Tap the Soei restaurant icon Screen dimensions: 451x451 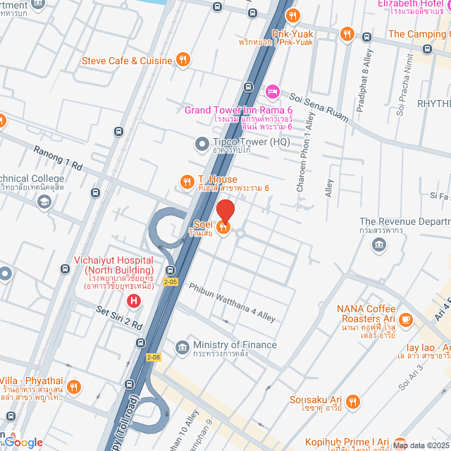pos(223,226)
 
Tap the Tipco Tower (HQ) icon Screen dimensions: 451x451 pos(201,144)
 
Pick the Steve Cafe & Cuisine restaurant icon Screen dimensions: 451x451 pos(183,60)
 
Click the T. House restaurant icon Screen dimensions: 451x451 pos(187,180)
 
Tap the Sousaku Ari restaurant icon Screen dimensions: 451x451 pos(353,401)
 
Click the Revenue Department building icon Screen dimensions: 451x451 pos(380,245)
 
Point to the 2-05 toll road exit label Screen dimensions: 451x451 pos(172,282)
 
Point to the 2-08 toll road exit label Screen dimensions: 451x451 pos(154,357)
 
